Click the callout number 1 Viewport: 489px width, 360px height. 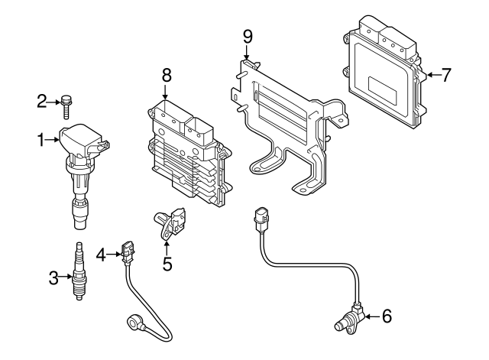coord(42,139)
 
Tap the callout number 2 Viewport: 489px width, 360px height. coord(42,100)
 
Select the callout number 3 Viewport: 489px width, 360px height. coord(53,278)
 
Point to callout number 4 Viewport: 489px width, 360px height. coord(100,252)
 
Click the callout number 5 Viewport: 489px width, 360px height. coord(167,265)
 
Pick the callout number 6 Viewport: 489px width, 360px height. coord(386,314)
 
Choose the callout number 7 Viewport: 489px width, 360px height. coord(447,74)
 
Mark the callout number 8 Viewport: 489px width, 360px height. coord(167,75)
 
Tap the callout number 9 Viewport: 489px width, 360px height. coord(246,36)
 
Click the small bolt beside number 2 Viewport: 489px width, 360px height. coord(66,102)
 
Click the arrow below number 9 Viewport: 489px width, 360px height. coord(246,54)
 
